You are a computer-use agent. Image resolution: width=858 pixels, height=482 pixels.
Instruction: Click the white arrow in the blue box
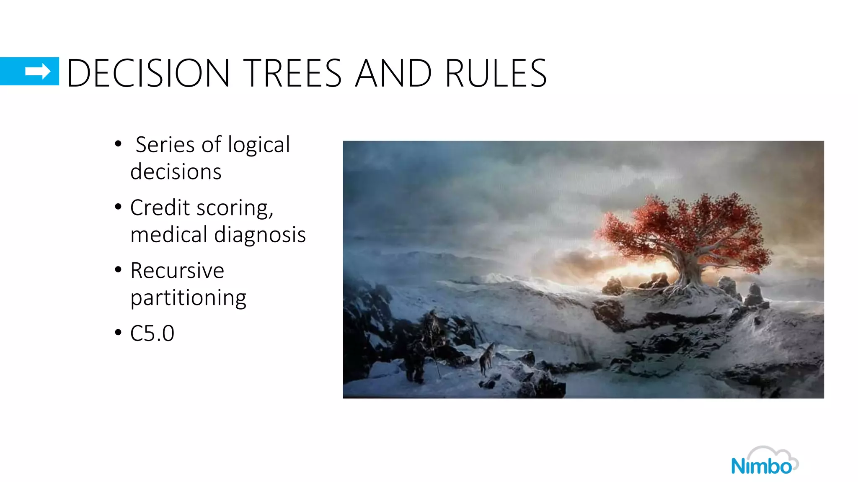tap(38, 72)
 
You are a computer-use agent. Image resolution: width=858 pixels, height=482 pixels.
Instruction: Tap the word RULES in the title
tap(496, 73)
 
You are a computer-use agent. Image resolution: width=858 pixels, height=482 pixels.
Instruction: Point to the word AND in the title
tap(393, 73)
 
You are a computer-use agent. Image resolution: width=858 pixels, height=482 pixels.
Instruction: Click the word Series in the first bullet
tap(165, 145)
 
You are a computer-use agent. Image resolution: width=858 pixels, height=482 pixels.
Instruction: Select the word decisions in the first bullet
tap(176, 172)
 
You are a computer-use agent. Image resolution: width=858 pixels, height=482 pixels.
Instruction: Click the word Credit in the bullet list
tap(160, 208)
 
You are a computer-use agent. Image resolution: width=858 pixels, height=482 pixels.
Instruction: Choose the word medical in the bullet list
tap(168, 234)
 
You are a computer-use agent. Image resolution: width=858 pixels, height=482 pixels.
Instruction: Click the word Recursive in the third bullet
tap(177, 270)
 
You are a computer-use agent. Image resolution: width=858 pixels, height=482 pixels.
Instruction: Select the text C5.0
tap(152, 333)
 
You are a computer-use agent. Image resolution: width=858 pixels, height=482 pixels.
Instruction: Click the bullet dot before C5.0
tap(118, 333)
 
